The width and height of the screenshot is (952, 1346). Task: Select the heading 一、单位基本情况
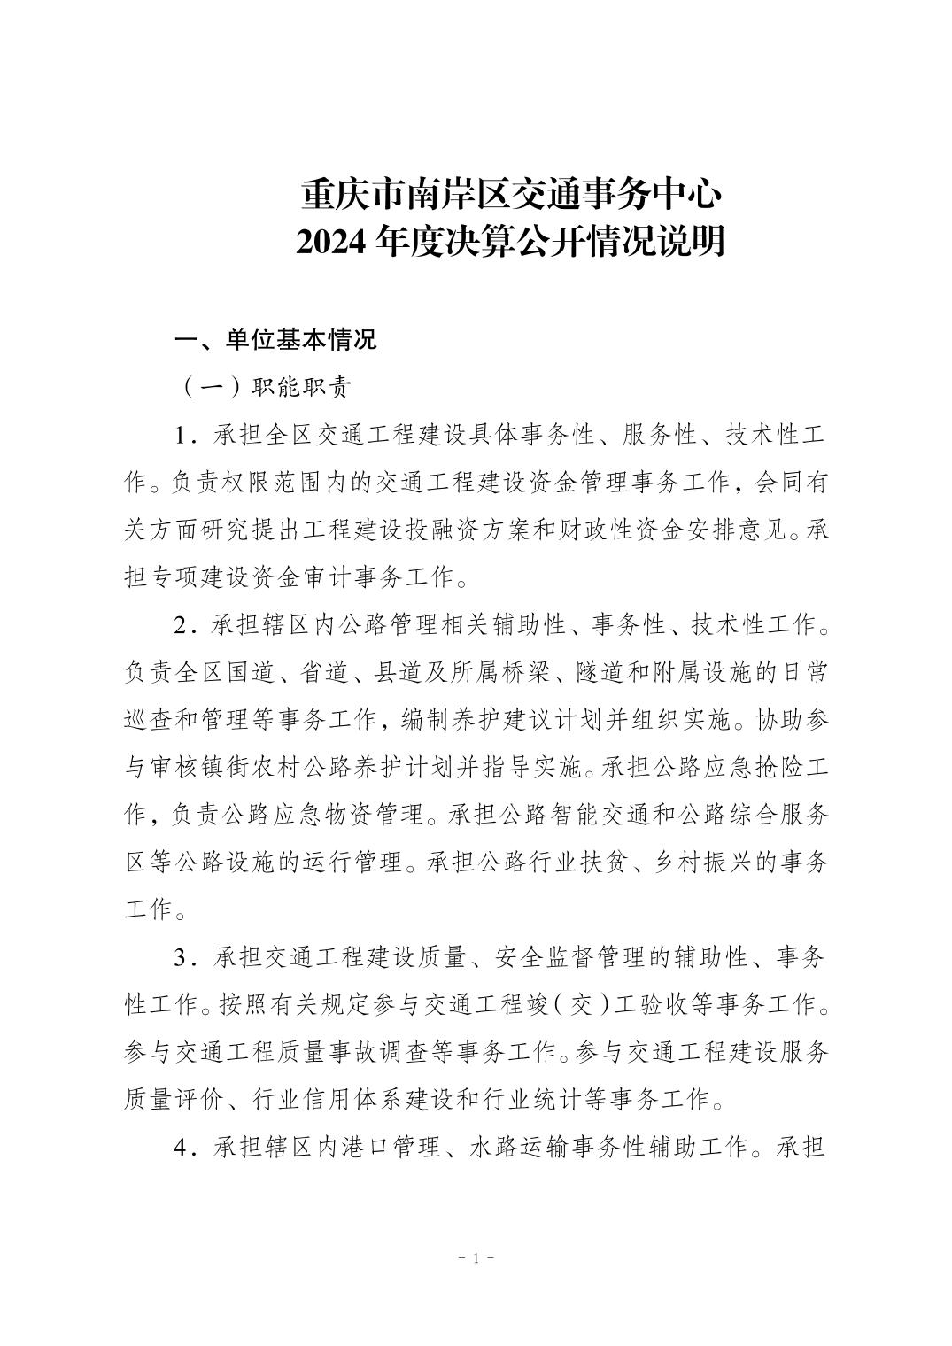[x=276, y=340]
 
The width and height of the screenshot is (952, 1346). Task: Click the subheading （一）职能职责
[x=266, y=388]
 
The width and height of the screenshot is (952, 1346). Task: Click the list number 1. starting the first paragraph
[x=185, y=437]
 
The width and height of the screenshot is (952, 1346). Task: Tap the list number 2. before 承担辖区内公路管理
[x=185, y=625]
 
